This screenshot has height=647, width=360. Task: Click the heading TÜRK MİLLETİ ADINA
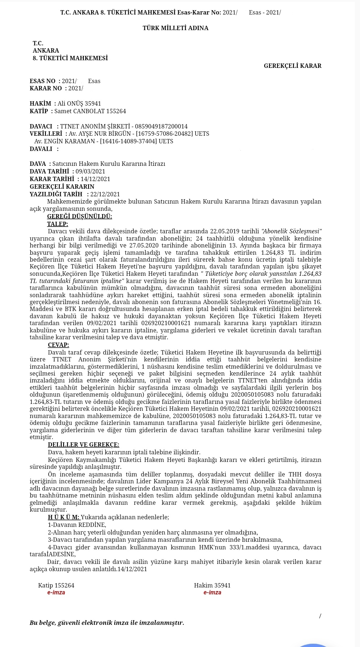click(x=175, y=28)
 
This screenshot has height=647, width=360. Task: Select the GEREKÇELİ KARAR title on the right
click(x=292, y=66)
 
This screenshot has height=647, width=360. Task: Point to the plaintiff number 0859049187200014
click(x=161, y=127)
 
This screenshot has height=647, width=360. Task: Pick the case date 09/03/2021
click(x=90, y=172)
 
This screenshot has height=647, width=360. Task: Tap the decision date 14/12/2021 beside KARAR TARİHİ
click(x=95, y=179)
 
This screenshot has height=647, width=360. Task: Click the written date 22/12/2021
click(x=105, y=194)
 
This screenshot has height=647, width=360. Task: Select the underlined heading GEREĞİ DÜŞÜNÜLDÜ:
click(x=79, y=217)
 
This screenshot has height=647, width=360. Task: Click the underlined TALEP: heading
click(x=58, y=224)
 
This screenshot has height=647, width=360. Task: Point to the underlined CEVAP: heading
click(x=58, y=345)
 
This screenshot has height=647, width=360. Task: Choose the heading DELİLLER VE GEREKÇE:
click(x=83, y=445)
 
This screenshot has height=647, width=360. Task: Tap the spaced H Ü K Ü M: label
click(x=64, y=517)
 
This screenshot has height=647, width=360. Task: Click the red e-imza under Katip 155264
click(x=56, y=593)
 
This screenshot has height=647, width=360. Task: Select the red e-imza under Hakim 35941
click(x=212, y=593)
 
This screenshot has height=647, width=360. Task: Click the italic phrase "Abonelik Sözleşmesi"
click(x=292, y=232)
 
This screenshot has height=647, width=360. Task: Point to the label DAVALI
click(x=41, y=149)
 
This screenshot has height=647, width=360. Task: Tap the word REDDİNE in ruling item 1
click(x=92, y=525)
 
